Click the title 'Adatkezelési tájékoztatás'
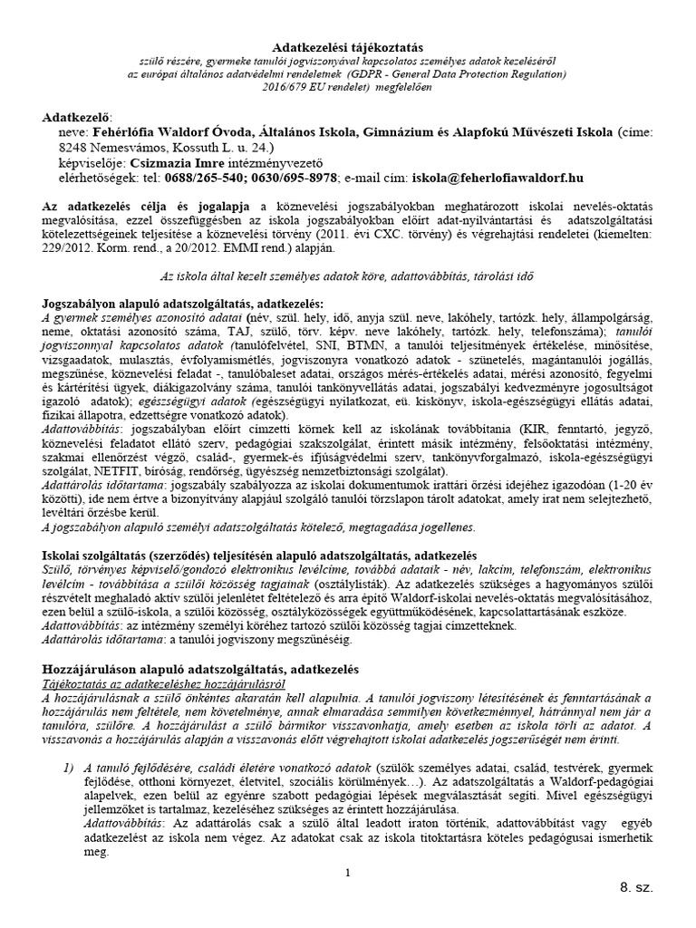(347, 45)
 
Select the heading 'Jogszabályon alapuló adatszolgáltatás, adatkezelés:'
(181, 302)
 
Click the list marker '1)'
(68, 753)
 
